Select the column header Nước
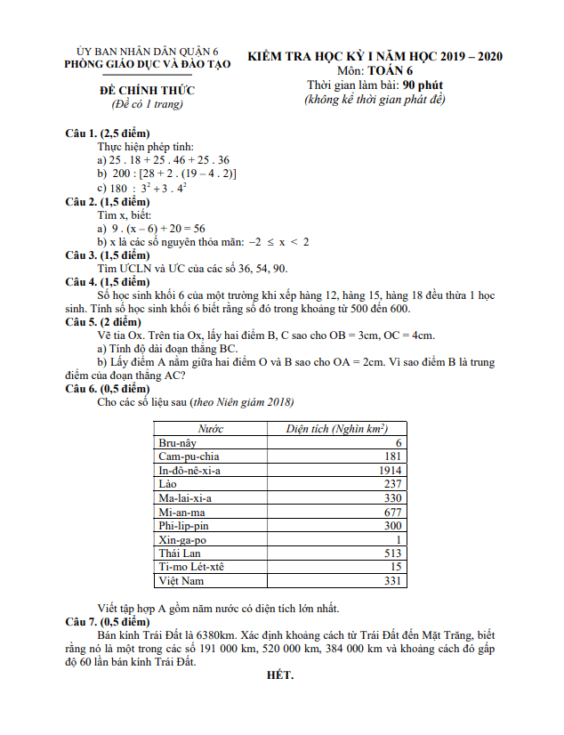210,429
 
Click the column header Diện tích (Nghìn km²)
336,429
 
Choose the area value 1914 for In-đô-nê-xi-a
390,471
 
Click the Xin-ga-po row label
181,540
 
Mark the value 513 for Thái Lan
392,553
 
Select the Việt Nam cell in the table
181,581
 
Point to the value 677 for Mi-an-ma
392,513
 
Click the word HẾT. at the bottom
280,675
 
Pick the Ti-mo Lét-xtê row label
190,568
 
